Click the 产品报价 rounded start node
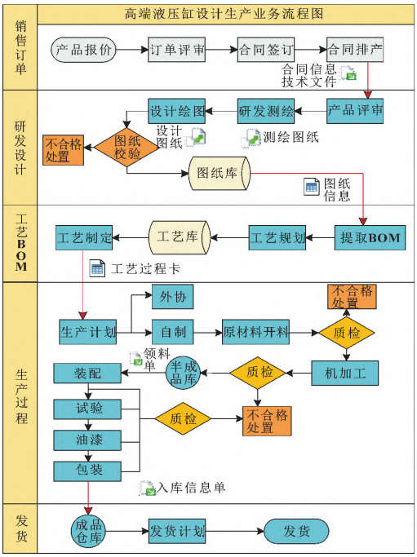click(x=84, y=50)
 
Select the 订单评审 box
click(x=177, y=50)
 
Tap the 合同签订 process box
click(x=266, y=50)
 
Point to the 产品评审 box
click(x=355, y=111)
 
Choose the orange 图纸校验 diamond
click(x=127, y=148)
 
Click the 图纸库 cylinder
click(x=220, y=174)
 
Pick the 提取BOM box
click(x=370, y=237)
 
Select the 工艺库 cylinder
click(x=180, y=237)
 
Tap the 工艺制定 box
click(x=84, y=237)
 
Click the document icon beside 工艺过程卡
click(x=97, y=268)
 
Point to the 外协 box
click(x=173, y=297)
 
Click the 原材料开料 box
click(x=255, y=332)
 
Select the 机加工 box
click(x=345, y=373)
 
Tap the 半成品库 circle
click(x=183, y=373)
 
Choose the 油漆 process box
click(x=87, y=440)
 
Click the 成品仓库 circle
click(x=88, y=532)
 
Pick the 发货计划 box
click(x=177, y=532)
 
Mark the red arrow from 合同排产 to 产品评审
click(x=368, y=81)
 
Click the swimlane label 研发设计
click(x=20, y=148)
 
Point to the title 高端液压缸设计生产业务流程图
click(x=224, y=14)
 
